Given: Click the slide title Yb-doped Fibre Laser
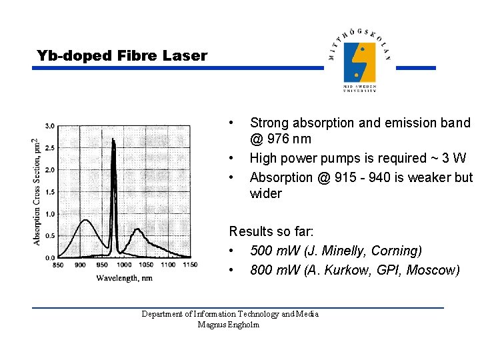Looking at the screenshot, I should [122, 56].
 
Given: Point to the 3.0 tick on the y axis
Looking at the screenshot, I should [50, 126].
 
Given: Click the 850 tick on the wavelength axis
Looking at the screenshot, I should [58, 265].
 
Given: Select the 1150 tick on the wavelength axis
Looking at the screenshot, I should [189, 265].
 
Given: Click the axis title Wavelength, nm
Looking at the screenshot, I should [124, 277].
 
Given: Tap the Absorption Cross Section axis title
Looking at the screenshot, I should [36, 191].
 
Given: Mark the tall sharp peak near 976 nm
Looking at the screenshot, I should [114, 139].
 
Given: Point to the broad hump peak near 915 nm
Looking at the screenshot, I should [84, 220].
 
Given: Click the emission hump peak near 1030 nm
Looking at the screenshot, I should [137, 230].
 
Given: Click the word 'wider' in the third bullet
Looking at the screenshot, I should [265, 194].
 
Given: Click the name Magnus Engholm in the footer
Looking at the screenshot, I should [229, 325].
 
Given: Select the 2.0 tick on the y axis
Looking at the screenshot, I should [50, 170].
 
